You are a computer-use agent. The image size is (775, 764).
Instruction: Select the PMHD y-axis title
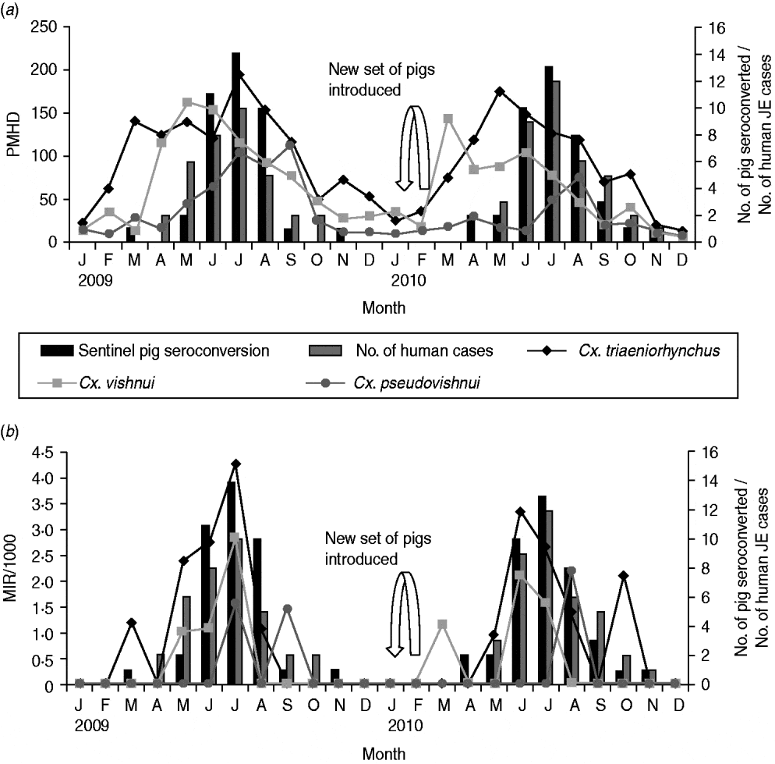point(13,134)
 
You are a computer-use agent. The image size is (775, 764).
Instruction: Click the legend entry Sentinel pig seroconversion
point(156,350)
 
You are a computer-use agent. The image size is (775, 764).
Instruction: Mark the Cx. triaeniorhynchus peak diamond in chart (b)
point(235,464)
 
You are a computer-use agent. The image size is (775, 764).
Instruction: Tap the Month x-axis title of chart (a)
point(384,308)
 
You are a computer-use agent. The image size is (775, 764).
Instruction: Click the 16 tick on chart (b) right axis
point(704,452)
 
